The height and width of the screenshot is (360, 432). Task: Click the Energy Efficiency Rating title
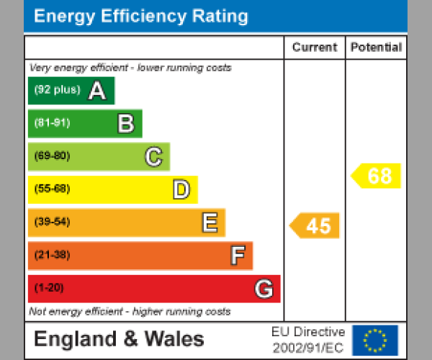[141, 17]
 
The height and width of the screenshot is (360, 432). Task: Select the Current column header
[315, 48]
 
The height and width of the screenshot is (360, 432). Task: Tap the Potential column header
[376, 48]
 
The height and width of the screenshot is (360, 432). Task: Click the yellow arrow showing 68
[377, 176]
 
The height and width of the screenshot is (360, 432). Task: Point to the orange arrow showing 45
[315, 225]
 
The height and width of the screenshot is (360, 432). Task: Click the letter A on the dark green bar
[97, 91]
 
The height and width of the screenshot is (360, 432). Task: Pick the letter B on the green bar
[125, 124]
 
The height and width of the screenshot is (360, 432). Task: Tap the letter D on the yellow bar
[181, 190]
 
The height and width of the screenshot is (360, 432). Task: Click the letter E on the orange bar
[209, 223]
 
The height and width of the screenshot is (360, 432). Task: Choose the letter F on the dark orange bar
[237, 256]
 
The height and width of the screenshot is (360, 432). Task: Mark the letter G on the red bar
[264, 289]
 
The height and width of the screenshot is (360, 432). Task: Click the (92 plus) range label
[57, 90]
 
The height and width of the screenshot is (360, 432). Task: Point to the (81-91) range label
[52, 123]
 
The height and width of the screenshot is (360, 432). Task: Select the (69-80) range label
[52, 156]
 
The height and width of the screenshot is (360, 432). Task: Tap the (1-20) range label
[49, 288]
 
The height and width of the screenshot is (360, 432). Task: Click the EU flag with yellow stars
[374, 340]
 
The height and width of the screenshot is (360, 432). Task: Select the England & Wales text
[119, 339]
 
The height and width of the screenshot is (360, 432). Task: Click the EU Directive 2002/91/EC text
[308, 340]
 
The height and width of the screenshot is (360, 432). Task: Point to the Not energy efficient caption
[130, 312]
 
